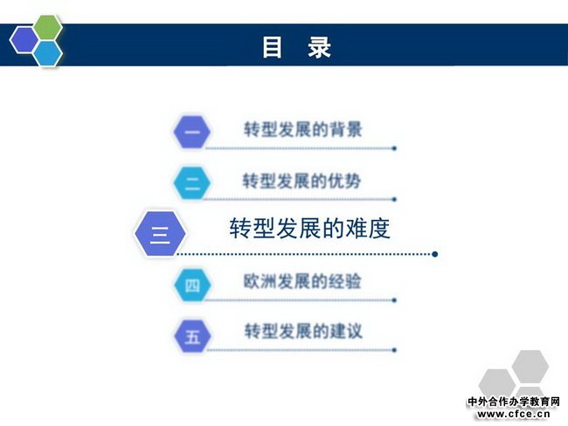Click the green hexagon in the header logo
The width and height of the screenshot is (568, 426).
[48, 28]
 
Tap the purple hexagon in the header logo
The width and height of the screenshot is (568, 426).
[24, 40]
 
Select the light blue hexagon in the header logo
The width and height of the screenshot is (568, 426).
[47, 53]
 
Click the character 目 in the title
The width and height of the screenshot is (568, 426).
[272, 47]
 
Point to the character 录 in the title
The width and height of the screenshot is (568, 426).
[319, 47]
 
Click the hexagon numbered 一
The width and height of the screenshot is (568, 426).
[192, 132]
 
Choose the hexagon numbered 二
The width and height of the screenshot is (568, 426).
[192, 183]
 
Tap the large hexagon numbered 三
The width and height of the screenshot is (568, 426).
[160, 234]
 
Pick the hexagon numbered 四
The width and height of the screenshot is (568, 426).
[192, 285]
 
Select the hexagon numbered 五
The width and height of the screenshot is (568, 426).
[192, 336]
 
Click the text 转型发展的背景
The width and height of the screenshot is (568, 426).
[303, 129]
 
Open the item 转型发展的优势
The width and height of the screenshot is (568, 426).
[301, 181]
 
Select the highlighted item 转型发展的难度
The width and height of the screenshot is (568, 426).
[309, 229]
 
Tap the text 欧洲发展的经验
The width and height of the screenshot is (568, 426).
[302, 281]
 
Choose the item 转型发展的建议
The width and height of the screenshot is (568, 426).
[303, 331]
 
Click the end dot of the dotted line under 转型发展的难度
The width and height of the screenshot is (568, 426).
[435, 254]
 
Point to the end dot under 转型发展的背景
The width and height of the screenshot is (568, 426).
[394, 148]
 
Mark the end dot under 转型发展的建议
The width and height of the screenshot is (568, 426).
[394, 350]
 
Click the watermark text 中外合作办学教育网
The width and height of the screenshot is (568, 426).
[514, 402]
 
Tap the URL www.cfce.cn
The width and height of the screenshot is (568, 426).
[514, 414]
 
